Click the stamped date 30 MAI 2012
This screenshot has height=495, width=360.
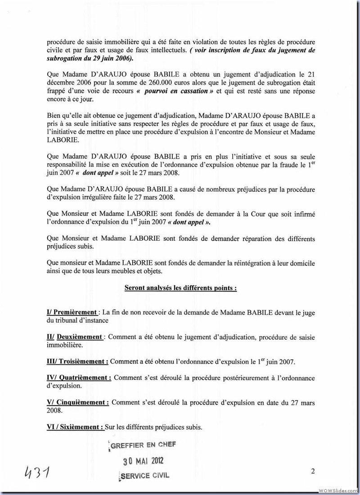pyautogui.click(x=144, y=460)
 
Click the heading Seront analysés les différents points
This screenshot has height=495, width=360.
pyautogui.click(x=180, y=288)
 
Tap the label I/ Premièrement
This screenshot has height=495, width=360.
pyautogui.click(x=72, y=312)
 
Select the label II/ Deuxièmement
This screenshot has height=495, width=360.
pyautogui.click(x=75, y=337)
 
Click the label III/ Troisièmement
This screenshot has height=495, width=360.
pyautogui.click(x=77, y=361)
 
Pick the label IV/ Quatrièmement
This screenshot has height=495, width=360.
pyautogui.click(x=79, y=378)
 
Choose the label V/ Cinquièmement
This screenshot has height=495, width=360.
pyautogui.click(x=77, y=402)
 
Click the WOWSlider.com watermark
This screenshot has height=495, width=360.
pyautogui.click(x=338, y=490)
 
